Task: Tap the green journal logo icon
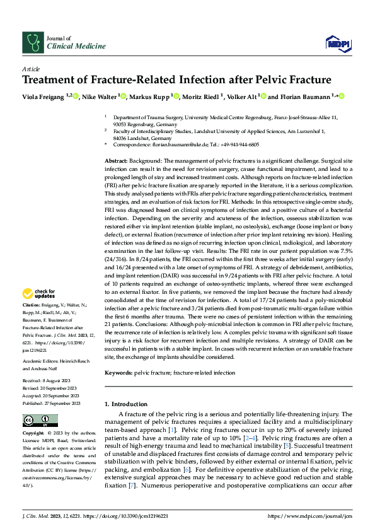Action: [32, 42]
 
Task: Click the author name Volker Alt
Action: [240, 96]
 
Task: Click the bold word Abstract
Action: [115, 161]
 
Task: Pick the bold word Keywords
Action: [118, 373]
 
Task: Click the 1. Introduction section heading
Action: [126, 404]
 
